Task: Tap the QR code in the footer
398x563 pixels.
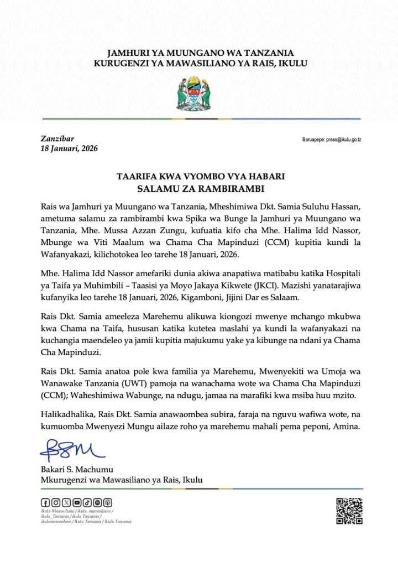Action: (x=349, y=511)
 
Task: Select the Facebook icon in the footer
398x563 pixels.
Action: (x=45, y=502)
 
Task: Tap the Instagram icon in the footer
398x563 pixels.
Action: (x=56, y=502)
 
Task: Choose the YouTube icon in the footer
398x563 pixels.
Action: (x=77, y=502)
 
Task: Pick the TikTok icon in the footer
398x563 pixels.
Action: (x=87, y=502)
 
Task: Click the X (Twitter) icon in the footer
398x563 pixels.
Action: (x=66, y=502)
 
